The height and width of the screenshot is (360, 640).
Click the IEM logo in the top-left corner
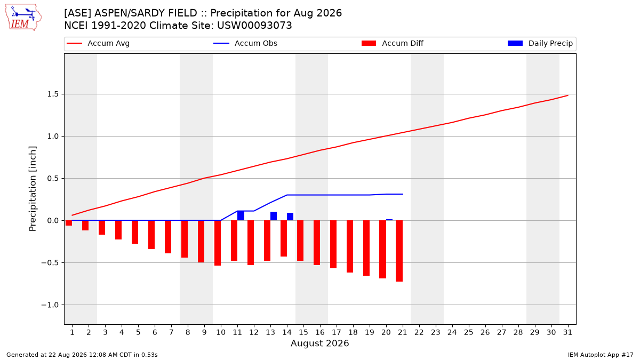click(x=23, y=18)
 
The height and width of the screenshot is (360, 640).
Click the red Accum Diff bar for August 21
click(x=399, y=251)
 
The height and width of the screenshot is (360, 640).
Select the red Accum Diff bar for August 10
click(x=218, y=243)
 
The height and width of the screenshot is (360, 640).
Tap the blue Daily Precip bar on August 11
click(x=241, y=215)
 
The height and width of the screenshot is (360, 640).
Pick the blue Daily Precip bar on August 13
click(x=274, y=216)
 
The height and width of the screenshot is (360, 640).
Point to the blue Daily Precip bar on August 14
click(x=290, y=217)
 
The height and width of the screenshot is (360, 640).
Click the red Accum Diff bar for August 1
click(x=69, y=223)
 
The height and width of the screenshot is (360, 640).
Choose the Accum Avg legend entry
click(x=98, y=43)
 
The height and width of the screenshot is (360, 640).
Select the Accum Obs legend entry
click(x=245, y=43)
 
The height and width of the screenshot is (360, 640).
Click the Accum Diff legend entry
click(x=393, y=43)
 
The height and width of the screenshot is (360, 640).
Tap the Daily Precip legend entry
click(x=540, y=43)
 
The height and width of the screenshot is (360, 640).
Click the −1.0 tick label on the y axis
click(x=50, y=305)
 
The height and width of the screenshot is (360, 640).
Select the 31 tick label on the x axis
click(x=567, y=332)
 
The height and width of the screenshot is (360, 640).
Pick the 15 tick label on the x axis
click(x=303, y=332)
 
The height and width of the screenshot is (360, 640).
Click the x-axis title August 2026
click(x=319, y=343)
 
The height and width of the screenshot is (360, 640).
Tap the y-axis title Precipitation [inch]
click(x=33, y=189)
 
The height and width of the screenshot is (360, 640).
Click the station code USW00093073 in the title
click(x=254, y=26)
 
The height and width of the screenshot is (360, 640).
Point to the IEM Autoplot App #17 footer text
click(x=601, y=355)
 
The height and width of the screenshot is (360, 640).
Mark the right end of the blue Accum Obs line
click(x=403, y=194)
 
